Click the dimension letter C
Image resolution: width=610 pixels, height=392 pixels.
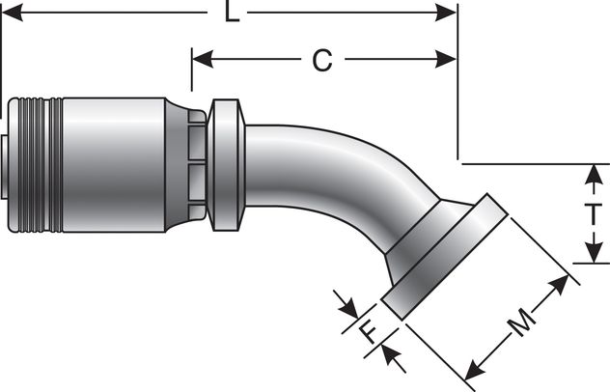[321, 60]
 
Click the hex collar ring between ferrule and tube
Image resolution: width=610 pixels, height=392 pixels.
[226, 163]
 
